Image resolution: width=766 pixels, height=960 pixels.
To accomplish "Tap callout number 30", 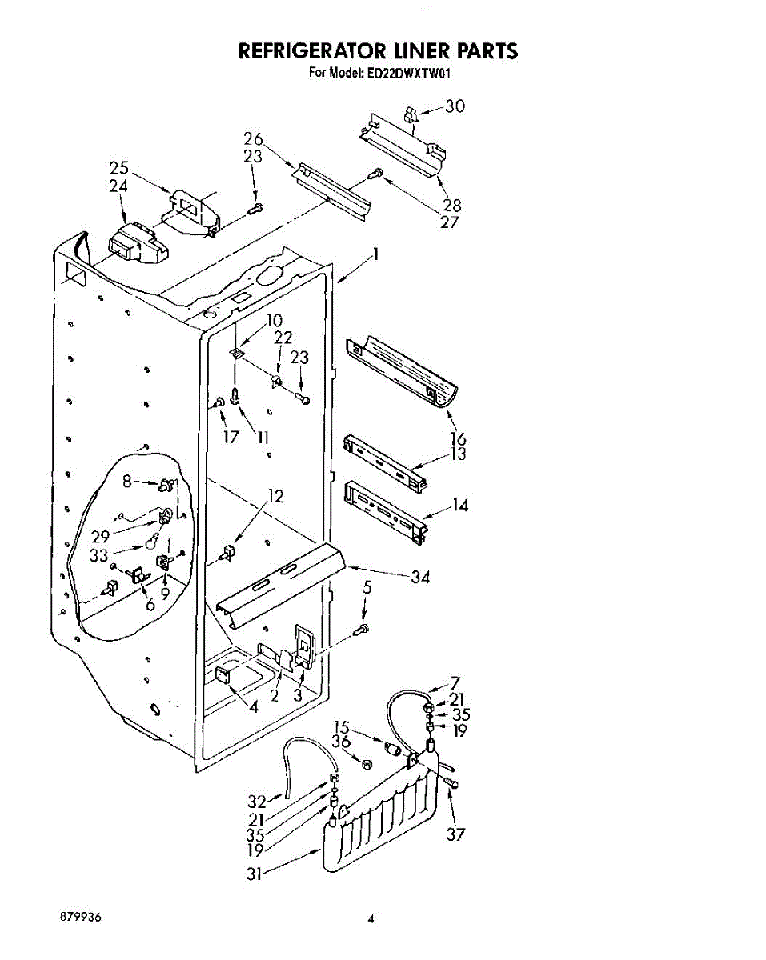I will [454, 106].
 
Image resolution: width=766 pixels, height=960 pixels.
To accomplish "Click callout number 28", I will [452, 205].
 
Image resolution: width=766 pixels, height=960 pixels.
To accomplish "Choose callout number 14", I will [460, 506].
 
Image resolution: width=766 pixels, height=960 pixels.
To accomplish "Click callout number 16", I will [459, 438].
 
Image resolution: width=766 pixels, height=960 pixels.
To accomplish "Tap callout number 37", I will [455, 835].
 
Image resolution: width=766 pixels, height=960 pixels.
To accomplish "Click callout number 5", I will [367, 586].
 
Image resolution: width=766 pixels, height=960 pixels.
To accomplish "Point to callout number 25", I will [119, 168].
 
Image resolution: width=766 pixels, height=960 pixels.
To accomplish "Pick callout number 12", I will [275, 496].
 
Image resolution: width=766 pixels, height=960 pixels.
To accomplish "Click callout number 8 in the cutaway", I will [126, 482].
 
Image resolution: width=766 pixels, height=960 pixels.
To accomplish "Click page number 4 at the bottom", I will [371, 919].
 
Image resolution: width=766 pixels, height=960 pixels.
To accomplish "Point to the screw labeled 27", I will [375, 172].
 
